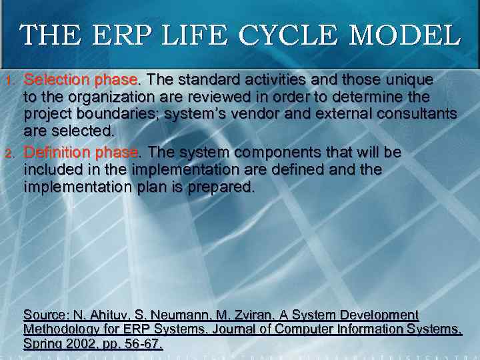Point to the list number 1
click(9, 81)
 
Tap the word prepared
click(219, 187)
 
